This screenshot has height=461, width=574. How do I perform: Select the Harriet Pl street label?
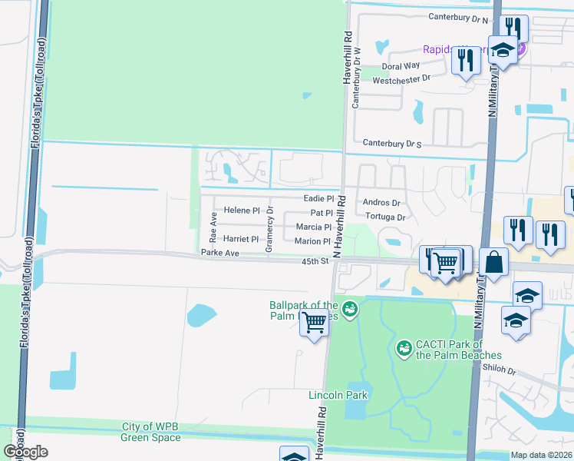[240, 239]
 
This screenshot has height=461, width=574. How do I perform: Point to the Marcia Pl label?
[313, 227]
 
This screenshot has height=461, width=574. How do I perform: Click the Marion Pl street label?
[312, 241]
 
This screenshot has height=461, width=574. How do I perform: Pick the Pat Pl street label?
[322, 213]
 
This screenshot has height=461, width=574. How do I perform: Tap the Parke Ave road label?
[220, 252]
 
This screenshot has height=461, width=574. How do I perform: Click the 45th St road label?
[315, 261]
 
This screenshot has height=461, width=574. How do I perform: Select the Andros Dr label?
[381, 203]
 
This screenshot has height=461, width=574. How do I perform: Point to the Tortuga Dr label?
[384, 217]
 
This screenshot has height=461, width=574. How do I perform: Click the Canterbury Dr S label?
[392, 143]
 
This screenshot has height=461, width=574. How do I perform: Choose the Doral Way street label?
[401, 67]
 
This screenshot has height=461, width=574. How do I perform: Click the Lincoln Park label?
[338, 396]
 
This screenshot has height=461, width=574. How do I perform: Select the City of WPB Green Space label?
[150, 432]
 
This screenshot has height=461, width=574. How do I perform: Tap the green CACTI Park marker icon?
[403, 349]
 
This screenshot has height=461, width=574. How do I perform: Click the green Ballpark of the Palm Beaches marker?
[350, 308]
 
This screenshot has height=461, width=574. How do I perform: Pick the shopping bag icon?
[495, 262]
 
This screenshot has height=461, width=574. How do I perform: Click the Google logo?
[25, 451]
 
